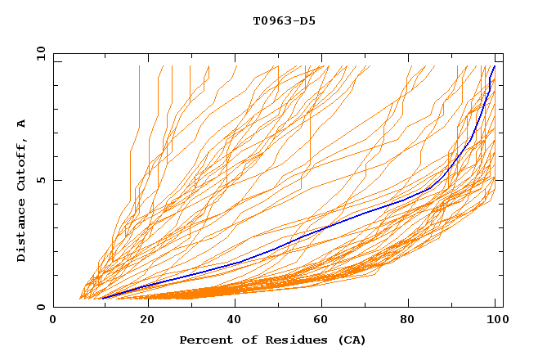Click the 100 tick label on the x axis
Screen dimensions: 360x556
coord(494,319)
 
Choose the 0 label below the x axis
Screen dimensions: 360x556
coord(53,319)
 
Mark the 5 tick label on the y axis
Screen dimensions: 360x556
coord(40,180)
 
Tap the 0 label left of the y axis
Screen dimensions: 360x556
coord(40,307)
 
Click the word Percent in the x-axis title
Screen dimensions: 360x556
coord(203,340)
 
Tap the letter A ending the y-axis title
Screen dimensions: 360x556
coord(22,124)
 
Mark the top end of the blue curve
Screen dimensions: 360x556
coord(494,66)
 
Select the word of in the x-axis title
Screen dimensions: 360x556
coord(244,340)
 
